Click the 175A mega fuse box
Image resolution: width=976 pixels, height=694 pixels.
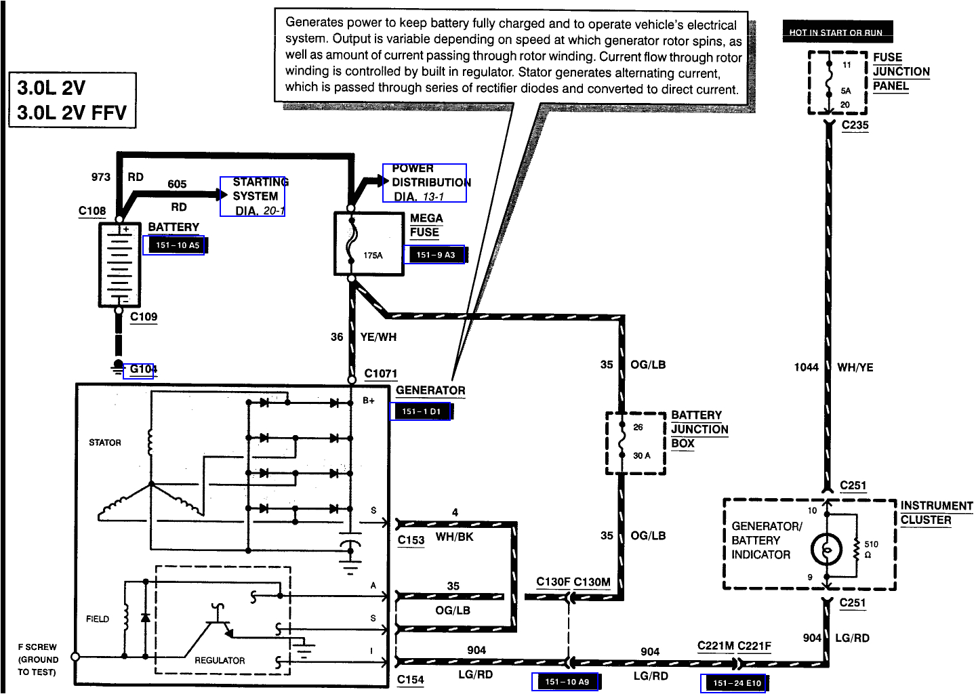[x=369, y=243]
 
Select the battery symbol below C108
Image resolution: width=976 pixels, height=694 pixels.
[x=119, y=265]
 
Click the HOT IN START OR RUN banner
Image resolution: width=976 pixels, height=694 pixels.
[x=836, y=32]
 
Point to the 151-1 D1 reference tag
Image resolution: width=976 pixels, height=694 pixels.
[x=421, y=411]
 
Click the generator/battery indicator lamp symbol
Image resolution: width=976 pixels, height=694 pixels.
[x=827, y=550]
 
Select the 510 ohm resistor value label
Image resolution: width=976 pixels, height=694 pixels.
[x=870, y=549]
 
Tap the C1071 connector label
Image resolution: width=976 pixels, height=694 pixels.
[x=381, y=373]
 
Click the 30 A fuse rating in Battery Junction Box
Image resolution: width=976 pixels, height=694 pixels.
[x=641, y=455]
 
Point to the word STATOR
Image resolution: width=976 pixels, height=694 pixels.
[x=105, y=443]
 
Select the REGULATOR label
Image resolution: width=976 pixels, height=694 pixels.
[x=220, y=660]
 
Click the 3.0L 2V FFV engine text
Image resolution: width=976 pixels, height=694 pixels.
[x=72, y=113]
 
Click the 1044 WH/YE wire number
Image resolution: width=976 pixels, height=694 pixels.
[x=806, y=367]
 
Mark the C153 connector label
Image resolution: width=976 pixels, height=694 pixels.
[x=411, y=540]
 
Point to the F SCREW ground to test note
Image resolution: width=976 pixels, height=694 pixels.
[x=37, y=659]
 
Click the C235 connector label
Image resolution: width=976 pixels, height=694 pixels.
[x=855, y=125]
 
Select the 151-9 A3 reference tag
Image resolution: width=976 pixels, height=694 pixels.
[x=435, y=255]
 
